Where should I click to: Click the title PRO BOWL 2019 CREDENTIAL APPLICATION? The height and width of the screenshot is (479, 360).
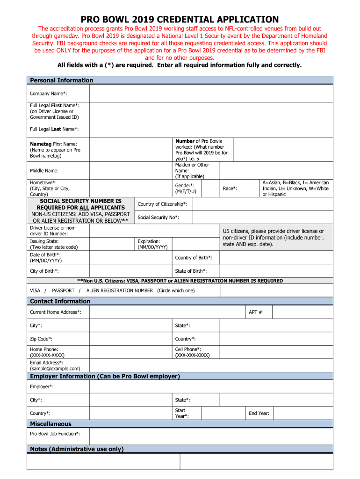[180, 19]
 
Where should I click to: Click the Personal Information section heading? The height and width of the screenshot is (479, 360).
[61, 80]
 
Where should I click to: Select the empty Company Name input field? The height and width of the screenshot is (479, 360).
[211, 94]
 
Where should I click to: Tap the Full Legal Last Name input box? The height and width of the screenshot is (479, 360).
[211, 129]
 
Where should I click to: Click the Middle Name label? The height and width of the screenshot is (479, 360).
[44, 171]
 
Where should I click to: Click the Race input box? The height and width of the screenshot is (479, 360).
[250, 189]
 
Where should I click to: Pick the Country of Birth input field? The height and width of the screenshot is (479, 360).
[276, 258]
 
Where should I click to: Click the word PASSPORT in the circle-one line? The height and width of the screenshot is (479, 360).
[63, 290]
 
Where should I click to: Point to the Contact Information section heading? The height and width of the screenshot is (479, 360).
[60, 301]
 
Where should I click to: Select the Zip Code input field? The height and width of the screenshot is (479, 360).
[130, 339]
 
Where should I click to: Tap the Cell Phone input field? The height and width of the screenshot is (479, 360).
[276, 352]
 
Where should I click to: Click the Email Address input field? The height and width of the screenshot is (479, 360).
[211, 365]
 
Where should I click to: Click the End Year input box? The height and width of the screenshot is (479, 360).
[303, 413]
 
